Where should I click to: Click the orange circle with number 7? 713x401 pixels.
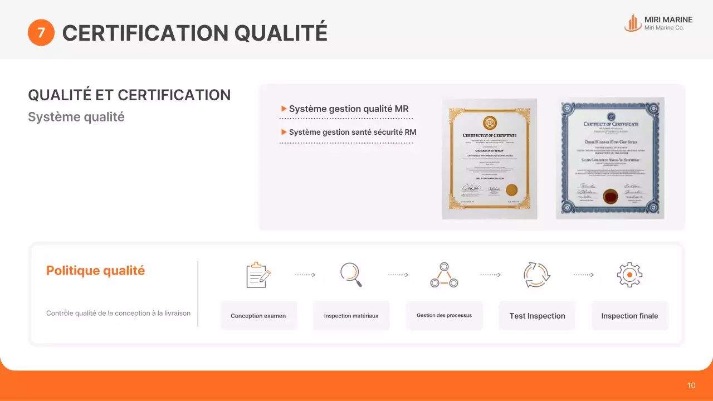tap(41, 33)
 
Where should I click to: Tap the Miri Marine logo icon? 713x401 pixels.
tap(632, 23)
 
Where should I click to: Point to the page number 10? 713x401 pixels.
tap(691, 385)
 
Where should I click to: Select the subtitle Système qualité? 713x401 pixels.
tap(76, 117)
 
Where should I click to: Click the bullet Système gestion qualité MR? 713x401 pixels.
tap(349, 109)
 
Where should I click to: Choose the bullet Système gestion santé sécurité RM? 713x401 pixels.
tap(352, 132)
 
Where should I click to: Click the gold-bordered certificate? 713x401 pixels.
tap(489, 158)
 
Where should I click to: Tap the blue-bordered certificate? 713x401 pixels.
tap(611, 158)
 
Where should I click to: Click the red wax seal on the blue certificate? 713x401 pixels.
tap(611, 195)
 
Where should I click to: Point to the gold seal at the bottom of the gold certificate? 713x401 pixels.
tap(512, 189)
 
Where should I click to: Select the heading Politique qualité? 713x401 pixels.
tap(95, 271)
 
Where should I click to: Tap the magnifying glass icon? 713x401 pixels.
tap(351, 275)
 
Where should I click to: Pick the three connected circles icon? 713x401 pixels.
tap(444, 275)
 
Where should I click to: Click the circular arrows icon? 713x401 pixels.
tap(536, 275)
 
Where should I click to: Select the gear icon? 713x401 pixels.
tap(629, 275)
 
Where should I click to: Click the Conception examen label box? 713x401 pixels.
tap(258, 316)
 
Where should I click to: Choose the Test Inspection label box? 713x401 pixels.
tap(537, 316)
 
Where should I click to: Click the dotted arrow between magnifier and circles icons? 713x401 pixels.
tap(398, 275)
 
